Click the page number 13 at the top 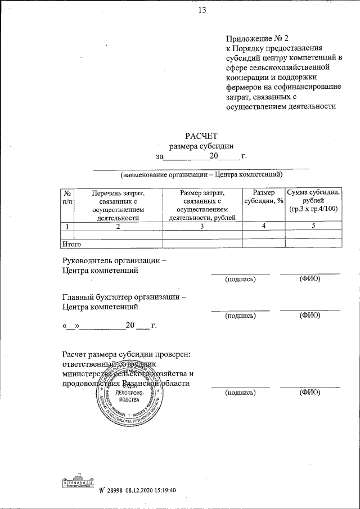[x=203, y=9]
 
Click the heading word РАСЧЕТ [x=201, y=135]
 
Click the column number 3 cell [x=201, y=226]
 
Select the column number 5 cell [x=313, y=226]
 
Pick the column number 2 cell [x=118, y=226]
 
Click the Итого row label [x=71, y=244]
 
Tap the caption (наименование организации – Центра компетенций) [x=201, y=174]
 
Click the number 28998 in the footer [x=115, y=490]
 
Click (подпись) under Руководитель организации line [x=240, y=279]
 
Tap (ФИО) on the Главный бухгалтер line [x=310, y=315]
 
